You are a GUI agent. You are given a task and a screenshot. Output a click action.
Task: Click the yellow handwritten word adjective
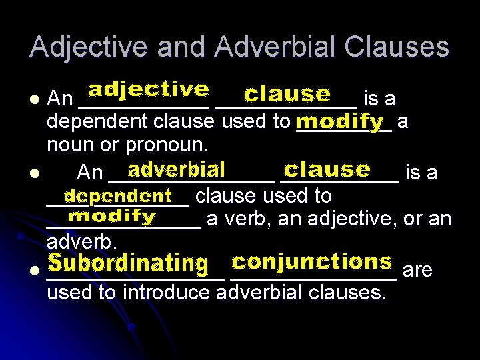pyautogui.click(x=148, y=90)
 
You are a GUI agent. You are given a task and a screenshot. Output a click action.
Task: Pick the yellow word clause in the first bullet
pyautogui.click(x=287, y=95)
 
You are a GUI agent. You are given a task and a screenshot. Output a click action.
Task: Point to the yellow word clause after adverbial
pyautogui.click(x=327, y=169)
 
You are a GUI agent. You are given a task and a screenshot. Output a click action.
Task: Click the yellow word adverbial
pyautogui.click(x=176, y=169)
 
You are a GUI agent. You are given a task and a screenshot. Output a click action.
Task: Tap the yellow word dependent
pyautogui.click(x=119, y=196)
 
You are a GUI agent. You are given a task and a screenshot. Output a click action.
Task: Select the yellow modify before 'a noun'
pyautogui.click(x=340, y=122)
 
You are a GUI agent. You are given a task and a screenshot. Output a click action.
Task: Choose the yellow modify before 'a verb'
pyautogui.click(x=112, y=217)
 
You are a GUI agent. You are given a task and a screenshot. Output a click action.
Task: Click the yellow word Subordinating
pyautogui.click(x=129, y=263)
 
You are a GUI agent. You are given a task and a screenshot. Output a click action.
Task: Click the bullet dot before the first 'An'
pyautogui.click(x=35, y=99)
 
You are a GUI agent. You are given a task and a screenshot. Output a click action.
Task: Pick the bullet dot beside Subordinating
pyautogui.click(x=35, y=270)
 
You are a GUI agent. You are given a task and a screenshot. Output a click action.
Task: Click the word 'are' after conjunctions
pyautogui.click(x=418, y=270)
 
